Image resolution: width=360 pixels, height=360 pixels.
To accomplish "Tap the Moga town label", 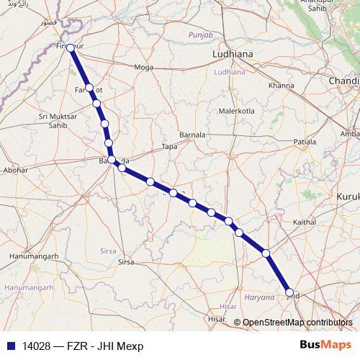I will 144,68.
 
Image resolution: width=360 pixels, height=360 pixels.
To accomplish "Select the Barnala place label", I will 192,135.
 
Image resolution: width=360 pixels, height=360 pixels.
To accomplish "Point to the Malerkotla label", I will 238,112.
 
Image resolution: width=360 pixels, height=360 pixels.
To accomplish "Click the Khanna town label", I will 281,86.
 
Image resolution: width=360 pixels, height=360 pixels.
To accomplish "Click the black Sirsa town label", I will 126,262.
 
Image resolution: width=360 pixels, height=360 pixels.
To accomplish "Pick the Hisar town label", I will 216,318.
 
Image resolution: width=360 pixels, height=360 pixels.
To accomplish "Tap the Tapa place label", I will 170,146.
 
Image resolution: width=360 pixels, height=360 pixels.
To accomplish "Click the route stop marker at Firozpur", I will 71,47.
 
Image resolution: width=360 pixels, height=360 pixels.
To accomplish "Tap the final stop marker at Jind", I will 290,292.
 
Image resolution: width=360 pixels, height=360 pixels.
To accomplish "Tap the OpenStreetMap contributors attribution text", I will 297,323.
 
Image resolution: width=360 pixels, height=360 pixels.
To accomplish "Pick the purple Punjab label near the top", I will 201,35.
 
